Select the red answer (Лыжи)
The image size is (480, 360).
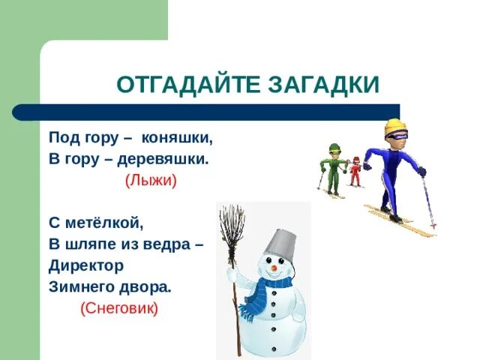pos(151,181)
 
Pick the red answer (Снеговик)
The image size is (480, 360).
pos(120,308)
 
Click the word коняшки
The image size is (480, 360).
pos(177,139)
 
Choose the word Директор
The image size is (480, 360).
pos(86,265)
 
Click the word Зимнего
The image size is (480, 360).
pos(82,286)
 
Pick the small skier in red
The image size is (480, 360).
pos(354,170)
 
